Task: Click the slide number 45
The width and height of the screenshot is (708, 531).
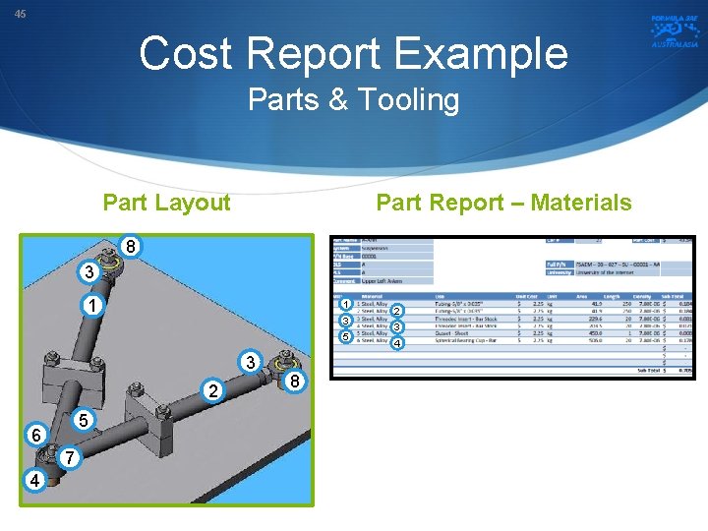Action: pyautogui.click(x=20, y=14)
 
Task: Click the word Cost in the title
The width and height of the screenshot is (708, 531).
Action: pyautogui.click(x=198, y=54)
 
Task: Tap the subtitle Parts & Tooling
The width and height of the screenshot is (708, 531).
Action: pyautogui.click(x=353, y=100)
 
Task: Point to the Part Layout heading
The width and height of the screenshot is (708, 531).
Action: pyautogui.click(x=166, y=203)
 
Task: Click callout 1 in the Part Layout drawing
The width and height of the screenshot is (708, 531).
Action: pyautogui.click(x=90, y=306)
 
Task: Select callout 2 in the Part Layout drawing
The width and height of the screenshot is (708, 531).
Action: pyautogui.click(x=212, y=391)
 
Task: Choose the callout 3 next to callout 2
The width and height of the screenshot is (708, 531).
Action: pyautogui.click(x=252, y=364)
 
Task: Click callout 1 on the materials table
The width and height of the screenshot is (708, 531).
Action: pyautogui.click(x=345, y=305)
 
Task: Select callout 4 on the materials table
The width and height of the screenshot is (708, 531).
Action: pyautogui.click(x=396, y=344)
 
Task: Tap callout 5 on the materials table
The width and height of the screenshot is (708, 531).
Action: pyautogui.click(x=345, y=337)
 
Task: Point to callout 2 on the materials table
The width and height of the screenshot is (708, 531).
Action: pyautogui.click(x=396, y=312)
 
